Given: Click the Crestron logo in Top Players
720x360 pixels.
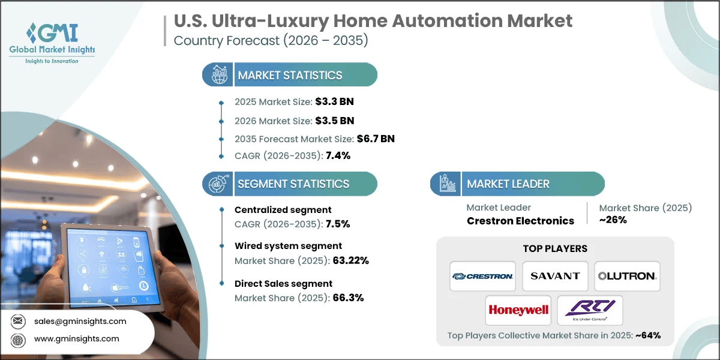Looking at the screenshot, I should tap(483, 276).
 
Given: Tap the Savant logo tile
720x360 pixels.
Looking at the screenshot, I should tap(555, 276).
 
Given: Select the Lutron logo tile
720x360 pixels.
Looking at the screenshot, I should tap(627, 276).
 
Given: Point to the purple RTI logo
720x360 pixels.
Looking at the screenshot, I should tap(590, 310).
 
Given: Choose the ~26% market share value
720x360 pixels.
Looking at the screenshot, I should tap(613, 220).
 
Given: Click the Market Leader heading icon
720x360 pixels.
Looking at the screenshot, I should tap(445, 184).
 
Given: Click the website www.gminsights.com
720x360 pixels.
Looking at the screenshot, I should tap(85, 339).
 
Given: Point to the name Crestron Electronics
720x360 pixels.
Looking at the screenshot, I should tap(520, 220).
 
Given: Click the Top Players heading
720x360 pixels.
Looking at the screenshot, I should tap(555, 248).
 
